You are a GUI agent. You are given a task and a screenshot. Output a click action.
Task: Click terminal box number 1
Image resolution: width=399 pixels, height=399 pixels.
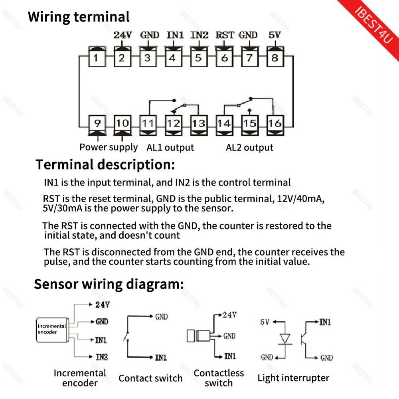[x=96, y=58]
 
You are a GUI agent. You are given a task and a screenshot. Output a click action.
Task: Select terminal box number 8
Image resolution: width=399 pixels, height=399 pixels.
[x=275, y=58]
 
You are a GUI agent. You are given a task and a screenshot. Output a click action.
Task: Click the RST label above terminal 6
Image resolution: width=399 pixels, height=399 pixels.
[x=224, y=35]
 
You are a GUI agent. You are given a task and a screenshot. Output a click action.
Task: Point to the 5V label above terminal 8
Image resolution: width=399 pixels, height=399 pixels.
[x=275, y=35]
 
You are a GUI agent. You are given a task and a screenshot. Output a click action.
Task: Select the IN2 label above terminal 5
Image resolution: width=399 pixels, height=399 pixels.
[x=199, y=35]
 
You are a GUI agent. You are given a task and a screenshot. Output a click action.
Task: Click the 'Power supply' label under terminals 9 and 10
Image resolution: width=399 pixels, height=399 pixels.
[x=109, y=147]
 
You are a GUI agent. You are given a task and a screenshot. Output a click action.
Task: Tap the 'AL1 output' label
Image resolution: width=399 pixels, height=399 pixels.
[x=170, y=148]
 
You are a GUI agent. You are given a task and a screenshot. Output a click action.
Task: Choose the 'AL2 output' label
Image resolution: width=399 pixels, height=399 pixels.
[x=249, y=148]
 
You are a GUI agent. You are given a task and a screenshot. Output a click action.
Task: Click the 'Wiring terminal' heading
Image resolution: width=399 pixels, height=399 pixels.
[x=79, y=17]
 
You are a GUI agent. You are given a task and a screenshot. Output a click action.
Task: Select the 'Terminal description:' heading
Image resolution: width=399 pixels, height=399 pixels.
[x=105, y=164]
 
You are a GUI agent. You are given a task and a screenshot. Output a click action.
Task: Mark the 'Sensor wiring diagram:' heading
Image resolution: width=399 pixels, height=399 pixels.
[x=109, y=284]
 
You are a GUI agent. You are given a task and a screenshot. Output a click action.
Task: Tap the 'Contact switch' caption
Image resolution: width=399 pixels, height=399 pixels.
[x=150, y=378]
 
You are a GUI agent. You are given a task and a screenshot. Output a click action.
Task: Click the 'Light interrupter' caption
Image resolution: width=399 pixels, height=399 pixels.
[x=293, y=378]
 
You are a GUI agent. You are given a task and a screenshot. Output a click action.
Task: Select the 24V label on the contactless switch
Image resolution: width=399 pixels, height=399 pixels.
[x=229, y=315]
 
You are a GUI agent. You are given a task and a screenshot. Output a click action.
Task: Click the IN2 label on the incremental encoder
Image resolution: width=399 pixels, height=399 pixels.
[x=101, y=357]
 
